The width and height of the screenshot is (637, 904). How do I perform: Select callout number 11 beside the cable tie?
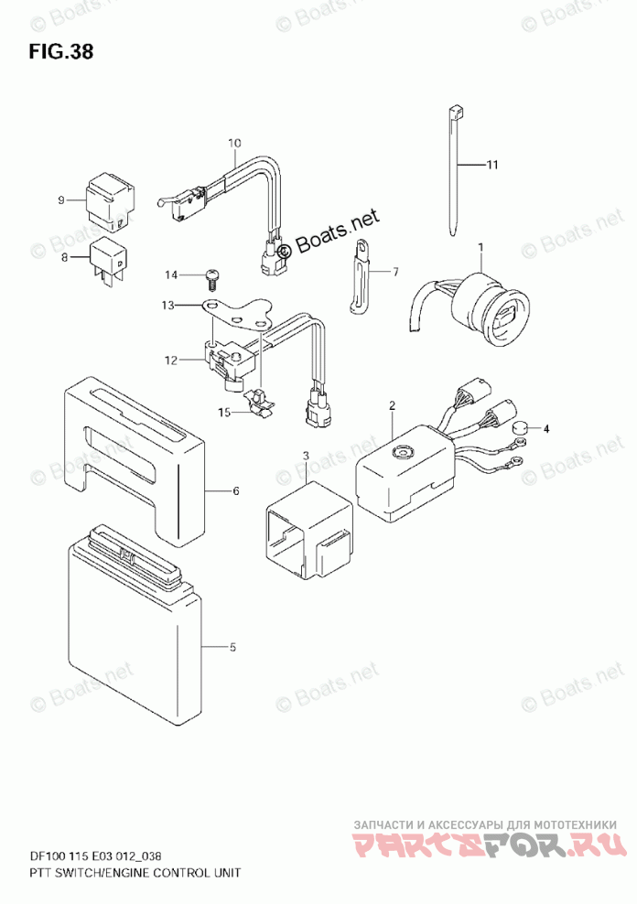491,166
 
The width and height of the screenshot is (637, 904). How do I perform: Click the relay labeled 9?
107,202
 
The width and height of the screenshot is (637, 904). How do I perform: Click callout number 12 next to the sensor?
168,361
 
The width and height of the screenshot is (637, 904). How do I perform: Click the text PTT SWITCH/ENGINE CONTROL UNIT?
123,873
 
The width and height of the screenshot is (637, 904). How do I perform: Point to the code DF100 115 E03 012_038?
108,856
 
